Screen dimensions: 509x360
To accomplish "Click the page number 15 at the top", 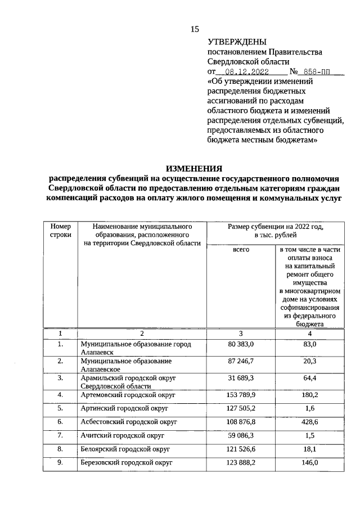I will [x=195, y=29].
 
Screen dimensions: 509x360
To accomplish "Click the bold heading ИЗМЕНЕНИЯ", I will [x=194, y=168].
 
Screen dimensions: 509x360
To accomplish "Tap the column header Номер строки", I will [x=61, y=230].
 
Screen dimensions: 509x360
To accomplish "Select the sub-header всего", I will [x=241, y=249].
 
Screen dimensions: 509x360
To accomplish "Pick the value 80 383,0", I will [x=241, y=344].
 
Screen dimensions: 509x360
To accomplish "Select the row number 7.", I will [x=60, y=436].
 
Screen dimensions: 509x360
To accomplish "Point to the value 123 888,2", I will [x=241, y=463].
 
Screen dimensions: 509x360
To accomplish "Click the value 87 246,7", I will [x=241, y=361].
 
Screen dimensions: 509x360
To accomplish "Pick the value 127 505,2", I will [x=241, y=408].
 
